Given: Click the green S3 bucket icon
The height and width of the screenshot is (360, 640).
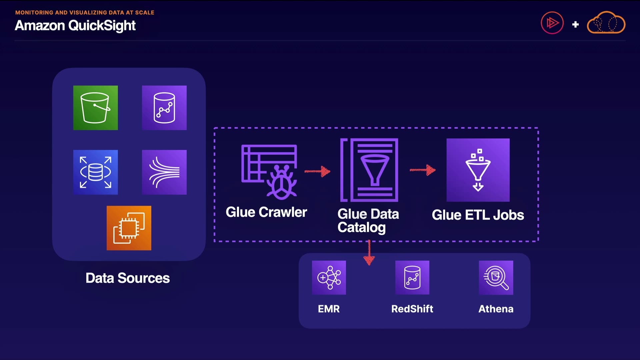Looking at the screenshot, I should [95, 108].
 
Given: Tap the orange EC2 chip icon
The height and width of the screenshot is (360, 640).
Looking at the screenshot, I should [129, 228].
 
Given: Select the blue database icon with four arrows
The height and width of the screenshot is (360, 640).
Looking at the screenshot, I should [95, 172].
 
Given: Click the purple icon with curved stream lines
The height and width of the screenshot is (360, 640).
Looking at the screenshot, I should [164, 172].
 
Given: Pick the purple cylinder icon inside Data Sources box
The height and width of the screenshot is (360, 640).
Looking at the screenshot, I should [164, 108].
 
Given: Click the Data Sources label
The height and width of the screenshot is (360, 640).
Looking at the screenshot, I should [127, 278].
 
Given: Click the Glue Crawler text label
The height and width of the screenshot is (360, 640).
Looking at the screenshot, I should [266, 212].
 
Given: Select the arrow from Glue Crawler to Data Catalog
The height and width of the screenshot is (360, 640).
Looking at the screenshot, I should [317, 171].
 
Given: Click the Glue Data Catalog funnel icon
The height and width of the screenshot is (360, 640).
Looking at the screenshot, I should [369, 170].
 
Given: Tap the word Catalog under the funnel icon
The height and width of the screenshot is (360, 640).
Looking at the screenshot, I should [361, 228].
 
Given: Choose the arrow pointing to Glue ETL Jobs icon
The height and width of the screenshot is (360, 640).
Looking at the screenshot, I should [423, 170].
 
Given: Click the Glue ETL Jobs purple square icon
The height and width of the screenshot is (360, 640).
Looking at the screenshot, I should [478, 170].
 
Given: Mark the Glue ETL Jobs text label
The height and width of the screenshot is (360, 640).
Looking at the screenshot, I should [478, 215].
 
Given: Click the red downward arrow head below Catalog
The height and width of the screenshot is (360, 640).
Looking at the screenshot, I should [369, 260].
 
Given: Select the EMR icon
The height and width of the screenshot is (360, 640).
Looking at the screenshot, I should [329, 278].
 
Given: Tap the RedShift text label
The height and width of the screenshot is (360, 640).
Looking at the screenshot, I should [412, 309].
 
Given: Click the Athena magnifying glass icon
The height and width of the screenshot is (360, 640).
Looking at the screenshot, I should [496, 278].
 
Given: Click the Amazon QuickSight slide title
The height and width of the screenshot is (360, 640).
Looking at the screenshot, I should [75, 26].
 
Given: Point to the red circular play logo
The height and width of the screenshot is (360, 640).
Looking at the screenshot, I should [552, 23].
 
